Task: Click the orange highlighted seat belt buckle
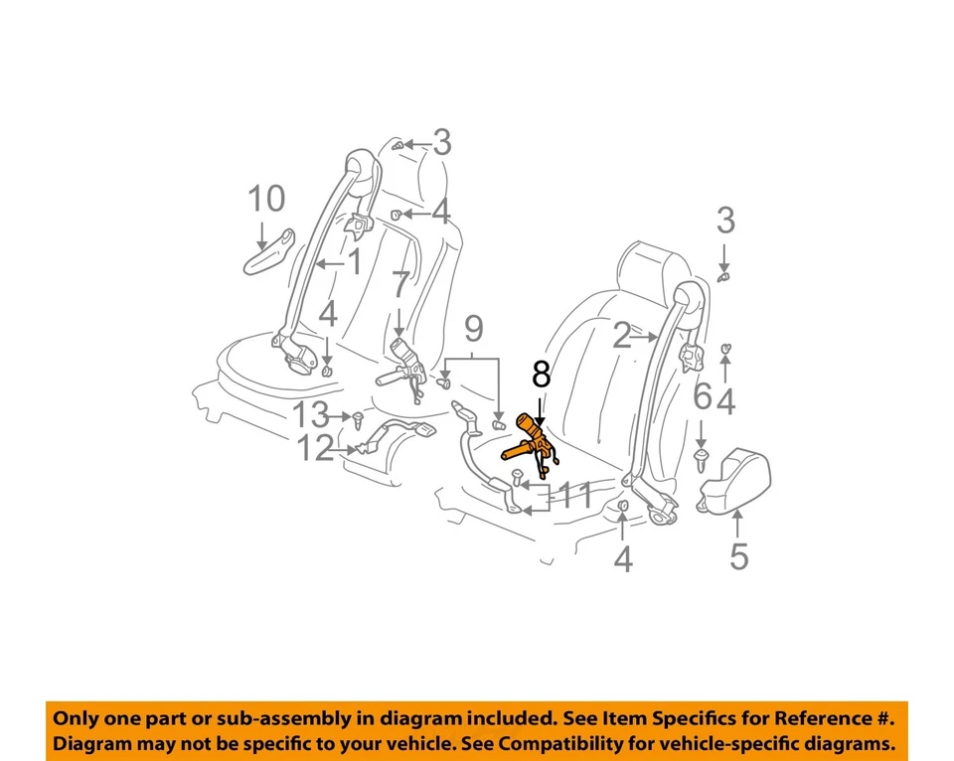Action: (531, 443)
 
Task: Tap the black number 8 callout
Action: (541, 375)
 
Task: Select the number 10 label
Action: (265, 200)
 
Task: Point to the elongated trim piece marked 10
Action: (269, 253)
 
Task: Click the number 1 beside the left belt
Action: (353, 263)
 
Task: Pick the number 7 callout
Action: (399, 287)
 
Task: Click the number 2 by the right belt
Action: (622, 337)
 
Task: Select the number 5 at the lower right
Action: (738, 556)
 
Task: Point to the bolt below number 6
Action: (702, 457)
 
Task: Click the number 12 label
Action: (316, 450)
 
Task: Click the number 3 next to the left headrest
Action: (441, 143)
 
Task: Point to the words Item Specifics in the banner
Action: (696, 717)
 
